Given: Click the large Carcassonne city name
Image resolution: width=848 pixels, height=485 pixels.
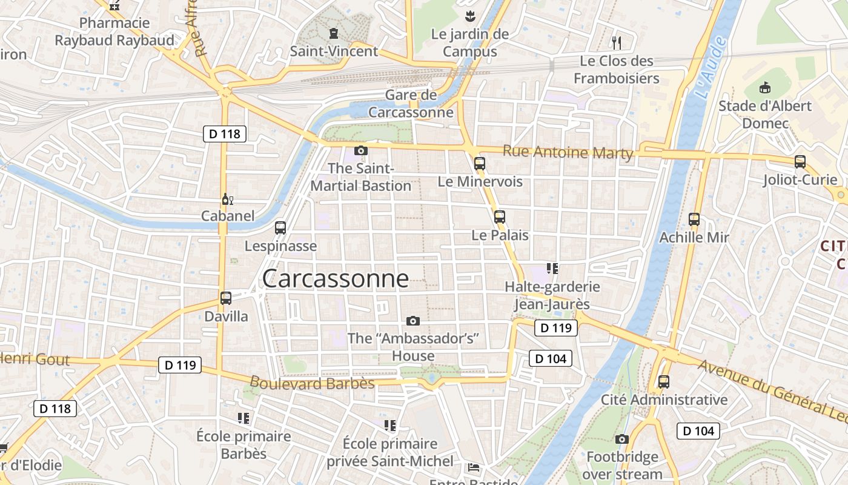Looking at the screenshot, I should [336, 278].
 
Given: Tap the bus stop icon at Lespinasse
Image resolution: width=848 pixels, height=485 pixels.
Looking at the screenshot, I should [280, 228].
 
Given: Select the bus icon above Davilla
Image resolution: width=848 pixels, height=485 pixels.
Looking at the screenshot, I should [226, 298].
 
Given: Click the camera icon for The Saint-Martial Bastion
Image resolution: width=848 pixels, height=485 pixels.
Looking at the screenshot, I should [361, 150].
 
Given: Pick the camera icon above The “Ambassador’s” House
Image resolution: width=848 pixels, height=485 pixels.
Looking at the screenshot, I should [413, 321].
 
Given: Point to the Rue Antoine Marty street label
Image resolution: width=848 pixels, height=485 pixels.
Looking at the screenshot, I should [568, 152].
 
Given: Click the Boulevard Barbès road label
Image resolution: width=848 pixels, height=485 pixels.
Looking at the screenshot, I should [312, 383].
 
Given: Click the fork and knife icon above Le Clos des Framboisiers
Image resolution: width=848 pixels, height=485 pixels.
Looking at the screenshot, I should [617, 42].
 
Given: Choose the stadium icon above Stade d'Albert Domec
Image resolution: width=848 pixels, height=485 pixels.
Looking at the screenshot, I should [764, 87].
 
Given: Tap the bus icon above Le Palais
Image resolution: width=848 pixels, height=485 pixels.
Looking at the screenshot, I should [500, 216].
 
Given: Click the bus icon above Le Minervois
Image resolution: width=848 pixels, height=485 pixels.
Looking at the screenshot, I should [480, 163].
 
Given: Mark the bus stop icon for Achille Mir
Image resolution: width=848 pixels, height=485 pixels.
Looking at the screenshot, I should [694, 219].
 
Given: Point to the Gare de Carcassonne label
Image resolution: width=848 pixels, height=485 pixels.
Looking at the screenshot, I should [411, 104].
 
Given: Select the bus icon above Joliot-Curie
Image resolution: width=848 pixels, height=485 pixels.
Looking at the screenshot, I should [800, 161].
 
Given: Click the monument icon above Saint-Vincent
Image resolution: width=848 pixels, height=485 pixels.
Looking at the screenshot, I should [333, 33].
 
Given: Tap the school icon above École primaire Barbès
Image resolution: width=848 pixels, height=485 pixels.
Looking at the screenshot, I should [243, 418].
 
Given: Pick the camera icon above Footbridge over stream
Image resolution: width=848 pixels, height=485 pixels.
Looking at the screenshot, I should [622, 439].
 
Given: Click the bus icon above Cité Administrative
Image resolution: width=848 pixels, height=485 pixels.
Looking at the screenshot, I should [664, 382].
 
